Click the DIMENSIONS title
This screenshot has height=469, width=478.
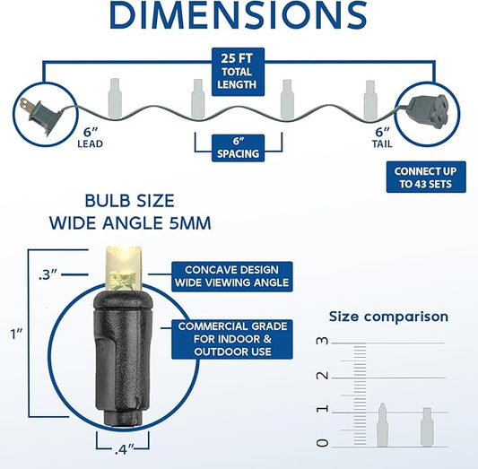[238, 14]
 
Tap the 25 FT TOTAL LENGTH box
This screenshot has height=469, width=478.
[238, 72]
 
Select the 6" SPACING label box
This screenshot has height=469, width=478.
[238, 148]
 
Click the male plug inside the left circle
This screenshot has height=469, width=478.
[38, 115]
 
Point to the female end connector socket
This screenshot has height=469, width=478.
[428, 112]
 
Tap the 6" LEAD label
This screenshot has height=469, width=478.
[91, 137]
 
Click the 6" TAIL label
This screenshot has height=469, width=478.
[382, 137]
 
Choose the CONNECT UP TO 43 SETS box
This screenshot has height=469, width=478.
[426, 177]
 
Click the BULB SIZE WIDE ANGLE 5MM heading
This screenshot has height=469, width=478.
[130, 212]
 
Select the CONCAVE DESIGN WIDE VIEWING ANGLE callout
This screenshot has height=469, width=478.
[232, 276]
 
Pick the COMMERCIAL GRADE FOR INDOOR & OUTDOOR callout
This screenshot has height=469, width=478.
[232, 339]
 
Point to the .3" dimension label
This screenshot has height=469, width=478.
[48, 275]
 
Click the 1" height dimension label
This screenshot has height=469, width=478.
[16, 334]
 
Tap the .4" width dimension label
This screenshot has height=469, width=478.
[125, 449]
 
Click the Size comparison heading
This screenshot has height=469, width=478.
[388, 317]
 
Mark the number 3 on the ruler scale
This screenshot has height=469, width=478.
[323, 341]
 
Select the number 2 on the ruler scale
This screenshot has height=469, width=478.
[323, 376]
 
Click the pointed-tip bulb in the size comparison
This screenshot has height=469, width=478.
[382, 425]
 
